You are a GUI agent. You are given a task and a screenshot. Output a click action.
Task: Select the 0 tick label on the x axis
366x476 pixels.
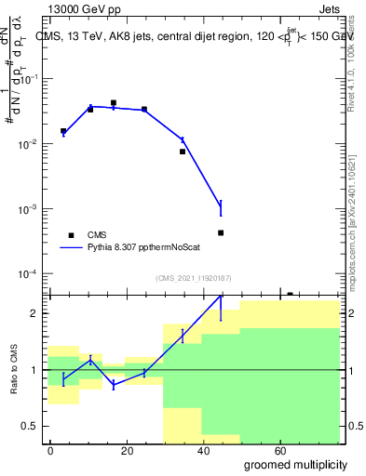[50, 449]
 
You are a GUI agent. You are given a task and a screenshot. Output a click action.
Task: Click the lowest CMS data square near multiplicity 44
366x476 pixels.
[221, 233]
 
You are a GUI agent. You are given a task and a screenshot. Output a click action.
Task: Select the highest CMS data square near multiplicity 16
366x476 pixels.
[114, 103]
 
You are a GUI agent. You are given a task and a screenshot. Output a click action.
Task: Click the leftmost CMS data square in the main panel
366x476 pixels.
[63, 131]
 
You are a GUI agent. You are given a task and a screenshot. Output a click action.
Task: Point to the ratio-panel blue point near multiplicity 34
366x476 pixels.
[183, 335]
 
